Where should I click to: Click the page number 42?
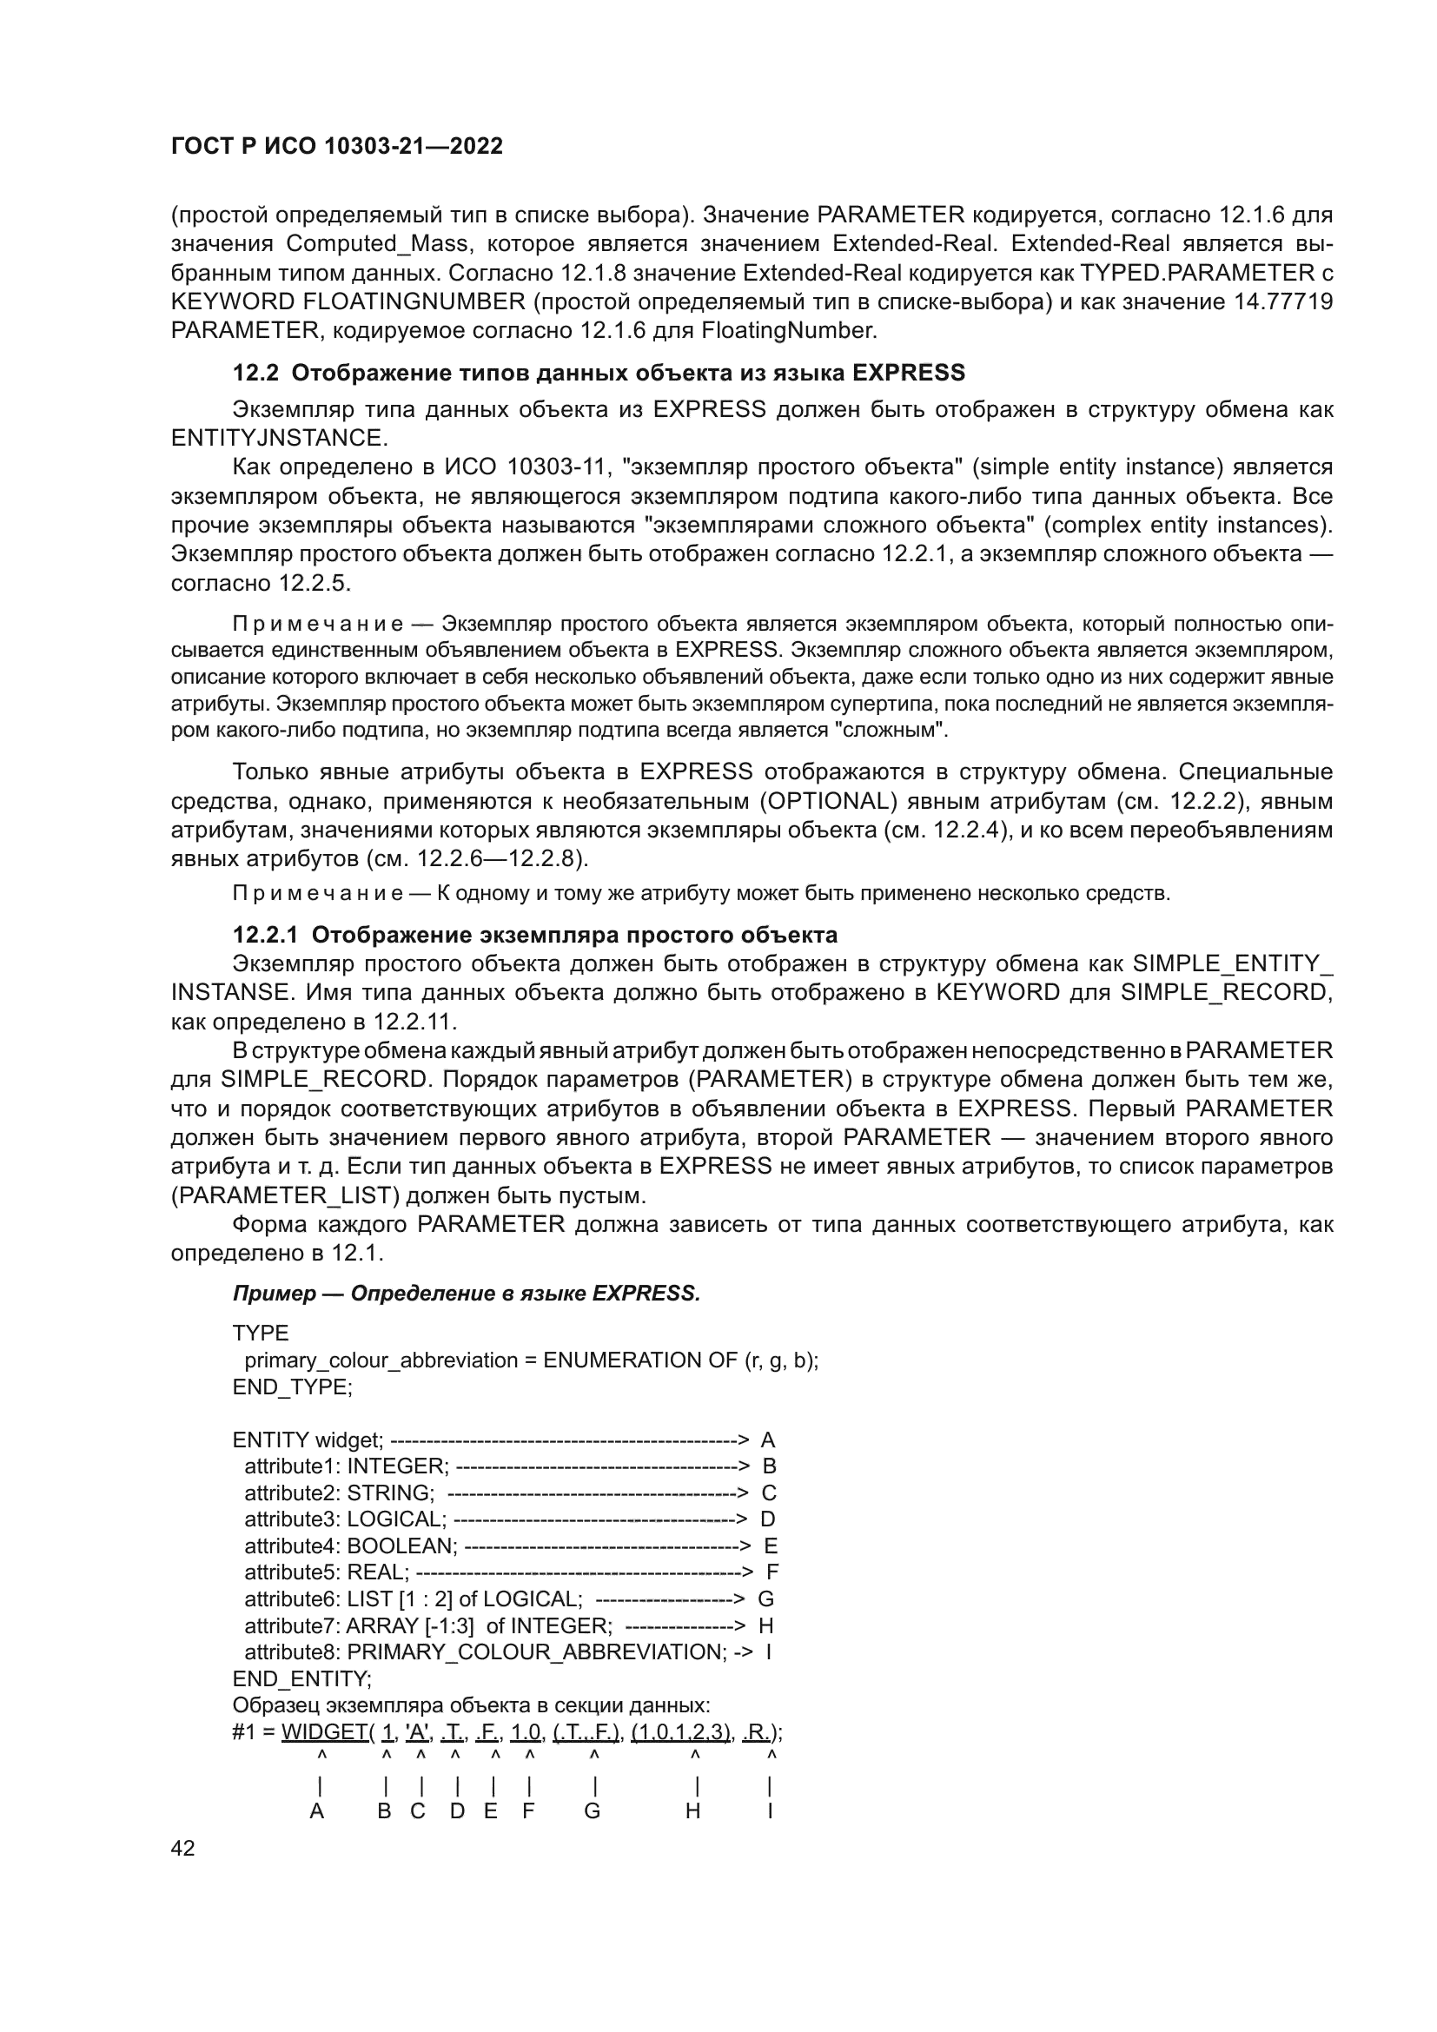[182, 1848]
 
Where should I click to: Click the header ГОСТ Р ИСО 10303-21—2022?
[336, 146]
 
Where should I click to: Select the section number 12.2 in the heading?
[255, 373]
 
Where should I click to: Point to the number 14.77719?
[1282, 301]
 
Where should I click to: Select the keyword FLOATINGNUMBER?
[414, 301]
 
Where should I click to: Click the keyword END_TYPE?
[292, 1387]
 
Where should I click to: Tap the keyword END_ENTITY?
[301, 1679]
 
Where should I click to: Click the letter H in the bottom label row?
[692, 1811]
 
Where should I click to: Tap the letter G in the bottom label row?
[592, 1811]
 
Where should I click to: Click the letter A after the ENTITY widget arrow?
[767, 1440]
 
